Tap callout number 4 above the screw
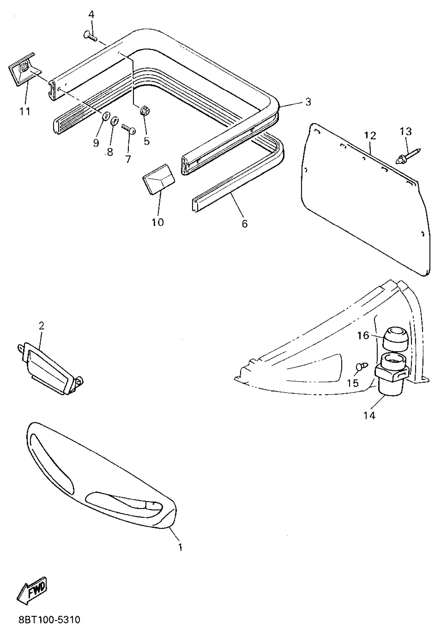click(91, 14)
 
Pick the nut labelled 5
click(145, 111)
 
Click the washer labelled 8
click(114, 121)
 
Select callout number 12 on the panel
click(370, 136)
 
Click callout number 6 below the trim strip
click(245, 224)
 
